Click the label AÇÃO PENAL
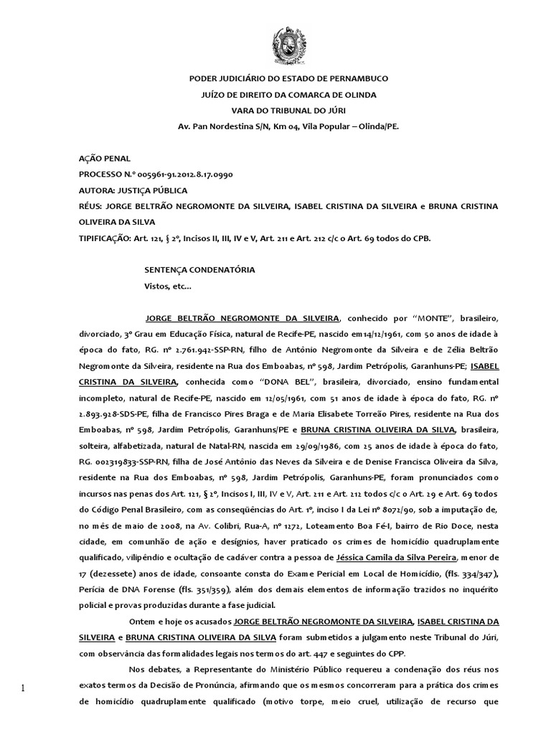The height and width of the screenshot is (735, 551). pos(105,159)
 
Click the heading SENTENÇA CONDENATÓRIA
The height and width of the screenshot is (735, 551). pos(199,270)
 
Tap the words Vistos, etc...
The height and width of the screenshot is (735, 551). pos(168,286)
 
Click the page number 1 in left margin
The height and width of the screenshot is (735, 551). pos(22,689)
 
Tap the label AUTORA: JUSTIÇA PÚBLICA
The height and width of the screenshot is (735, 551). pos(133,190)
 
